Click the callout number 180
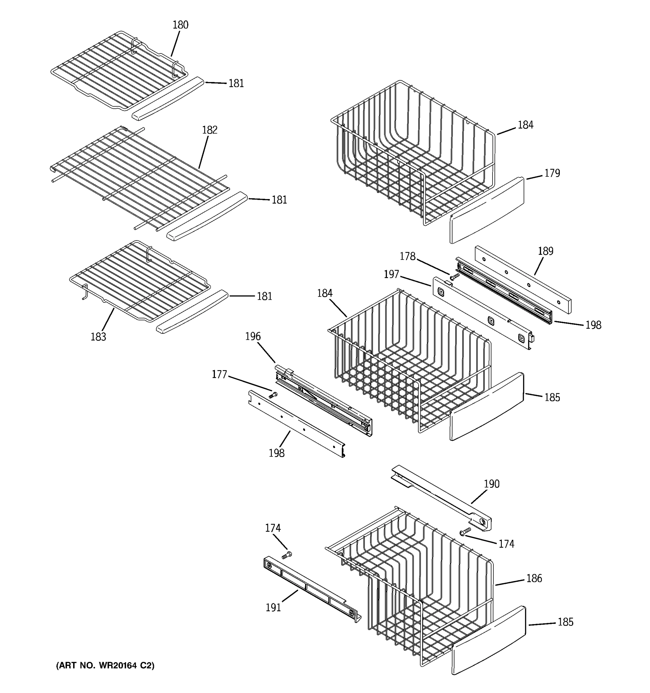pos(180,25)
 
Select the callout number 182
pos(209,130)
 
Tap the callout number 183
pos(98,337)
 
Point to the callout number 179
pos(552,173)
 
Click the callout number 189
pos(545,251)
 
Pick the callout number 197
pos(391,274)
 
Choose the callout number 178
pos(407,257)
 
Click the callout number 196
pos(253,336)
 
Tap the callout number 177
pos(219,375)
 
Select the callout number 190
pos(491,484)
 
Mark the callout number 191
pos(273,608)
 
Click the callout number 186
pos(534,578)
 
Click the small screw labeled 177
pos(273,395)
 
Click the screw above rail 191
pos(287,555)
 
